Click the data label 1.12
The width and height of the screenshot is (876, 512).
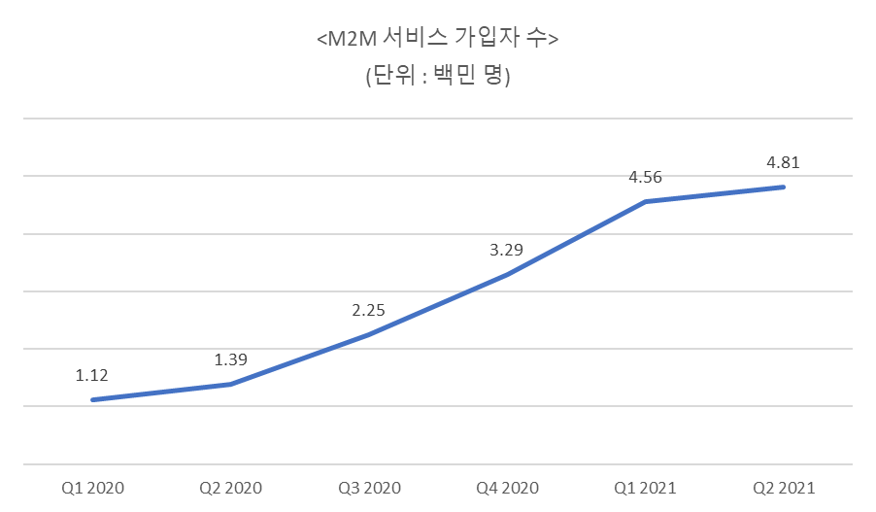(92, 375)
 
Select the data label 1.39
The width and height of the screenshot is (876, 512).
(231, 359)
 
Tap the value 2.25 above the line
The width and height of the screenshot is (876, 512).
(369, 310)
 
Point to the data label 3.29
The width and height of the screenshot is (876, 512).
(507, 250)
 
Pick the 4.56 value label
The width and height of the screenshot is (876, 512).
(646, 177)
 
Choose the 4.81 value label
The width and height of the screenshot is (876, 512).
(783, 162)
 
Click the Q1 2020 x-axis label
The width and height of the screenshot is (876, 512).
(93, 487)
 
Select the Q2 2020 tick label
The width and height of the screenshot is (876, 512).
(231, 487)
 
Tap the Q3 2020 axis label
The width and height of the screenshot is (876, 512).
(369, 487)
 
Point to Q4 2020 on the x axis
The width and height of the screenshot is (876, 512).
(507, 487)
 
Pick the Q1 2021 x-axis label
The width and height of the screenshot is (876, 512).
(645, 487)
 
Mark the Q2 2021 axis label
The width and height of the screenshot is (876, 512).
(783, 487)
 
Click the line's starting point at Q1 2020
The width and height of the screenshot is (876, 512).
(92, 399)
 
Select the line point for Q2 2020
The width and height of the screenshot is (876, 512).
(231, 384)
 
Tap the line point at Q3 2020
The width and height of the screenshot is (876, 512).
(369, 334)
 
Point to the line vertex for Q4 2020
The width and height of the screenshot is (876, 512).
(507, 275)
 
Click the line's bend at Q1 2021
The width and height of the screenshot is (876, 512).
(646, 201)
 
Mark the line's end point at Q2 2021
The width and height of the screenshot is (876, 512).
(784, 187)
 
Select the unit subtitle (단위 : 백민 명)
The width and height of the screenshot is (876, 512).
(437, 77)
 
